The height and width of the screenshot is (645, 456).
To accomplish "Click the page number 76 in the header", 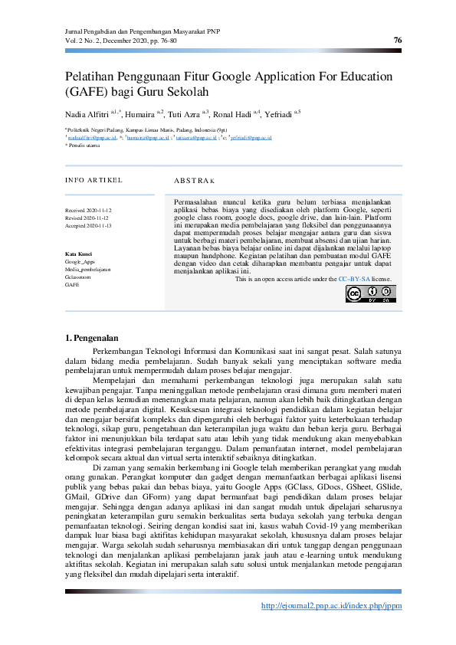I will (397, 40).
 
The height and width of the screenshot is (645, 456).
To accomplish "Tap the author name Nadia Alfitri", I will (87, 114).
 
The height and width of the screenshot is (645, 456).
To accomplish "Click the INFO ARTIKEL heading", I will (93, 181).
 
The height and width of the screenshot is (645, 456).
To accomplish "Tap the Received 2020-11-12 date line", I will (88, 209).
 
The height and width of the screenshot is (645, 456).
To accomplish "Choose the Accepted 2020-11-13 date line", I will (88, 226).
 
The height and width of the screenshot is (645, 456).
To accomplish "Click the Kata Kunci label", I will (79, 254).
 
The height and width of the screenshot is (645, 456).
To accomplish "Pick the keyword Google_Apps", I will (80, 262).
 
